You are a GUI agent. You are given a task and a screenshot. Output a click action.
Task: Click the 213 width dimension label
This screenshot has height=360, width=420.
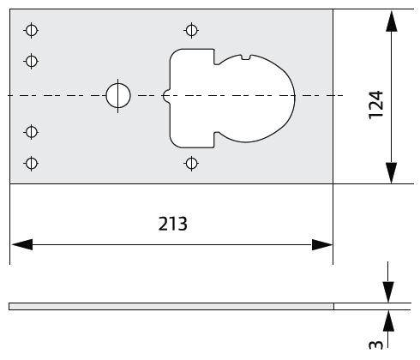click(173, 224)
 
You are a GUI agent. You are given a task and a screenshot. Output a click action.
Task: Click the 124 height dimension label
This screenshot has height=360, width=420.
click(376, 105)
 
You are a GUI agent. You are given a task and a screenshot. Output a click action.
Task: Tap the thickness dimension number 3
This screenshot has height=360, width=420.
click(376, 345)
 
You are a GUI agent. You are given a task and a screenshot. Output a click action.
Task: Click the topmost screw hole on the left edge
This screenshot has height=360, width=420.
click(32, 30)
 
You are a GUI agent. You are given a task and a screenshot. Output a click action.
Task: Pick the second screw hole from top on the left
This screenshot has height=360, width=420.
click(32, 61)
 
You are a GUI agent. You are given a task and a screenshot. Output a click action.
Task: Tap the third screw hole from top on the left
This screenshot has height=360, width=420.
click(32, 132)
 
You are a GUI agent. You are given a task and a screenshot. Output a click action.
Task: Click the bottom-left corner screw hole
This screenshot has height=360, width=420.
click(32, 164)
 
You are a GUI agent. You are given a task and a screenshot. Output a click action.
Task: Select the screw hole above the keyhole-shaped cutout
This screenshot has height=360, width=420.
click(191, 30)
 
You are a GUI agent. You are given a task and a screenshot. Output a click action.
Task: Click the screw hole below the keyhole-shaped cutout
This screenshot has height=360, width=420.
click(191, 164)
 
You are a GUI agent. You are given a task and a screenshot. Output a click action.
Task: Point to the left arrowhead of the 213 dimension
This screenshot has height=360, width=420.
click(22, 245)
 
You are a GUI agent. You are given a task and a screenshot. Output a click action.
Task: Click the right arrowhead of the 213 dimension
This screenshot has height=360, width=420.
click(322, 245)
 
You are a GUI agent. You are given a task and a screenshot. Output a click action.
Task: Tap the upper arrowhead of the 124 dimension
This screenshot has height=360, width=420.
click(391, 21)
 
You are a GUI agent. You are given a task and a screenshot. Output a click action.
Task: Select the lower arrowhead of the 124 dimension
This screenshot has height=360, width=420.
click(391, 173)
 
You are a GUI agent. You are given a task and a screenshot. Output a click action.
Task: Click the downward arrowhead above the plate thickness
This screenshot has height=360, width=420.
click(388, 292)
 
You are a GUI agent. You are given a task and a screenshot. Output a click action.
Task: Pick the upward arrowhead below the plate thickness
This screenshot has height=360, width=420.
click(388, 321)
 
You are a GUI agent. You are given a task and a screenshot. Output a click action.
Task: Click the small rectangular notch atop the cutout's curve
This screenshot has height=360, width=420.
click(246, 57)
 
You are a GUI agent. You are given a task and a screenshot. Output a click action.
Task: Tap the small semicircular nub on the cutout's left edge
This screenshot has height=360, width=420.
click(165, 96)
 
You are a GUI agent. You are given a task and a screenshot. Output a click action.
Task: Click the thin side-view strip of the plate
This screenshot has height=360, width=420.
click(171, 306)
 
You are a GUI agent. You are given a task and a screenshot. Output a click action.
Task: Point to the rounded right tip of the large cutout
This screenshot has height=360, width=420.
click(295, 96)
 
